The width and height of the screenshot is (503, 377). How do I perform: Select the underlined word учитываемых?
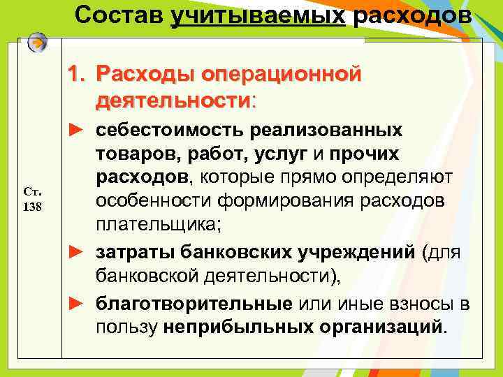point(258,14)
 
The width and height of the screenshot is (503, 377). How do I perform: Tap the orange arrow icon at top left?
point(38,43)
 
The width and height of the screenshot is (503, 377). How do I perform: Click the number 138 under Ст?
point(33,207)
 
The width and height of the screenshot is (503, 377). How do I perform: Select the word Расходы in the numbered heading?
point(145,73)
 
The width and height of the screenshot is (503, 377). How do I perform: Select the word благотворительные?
point(194,304)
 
